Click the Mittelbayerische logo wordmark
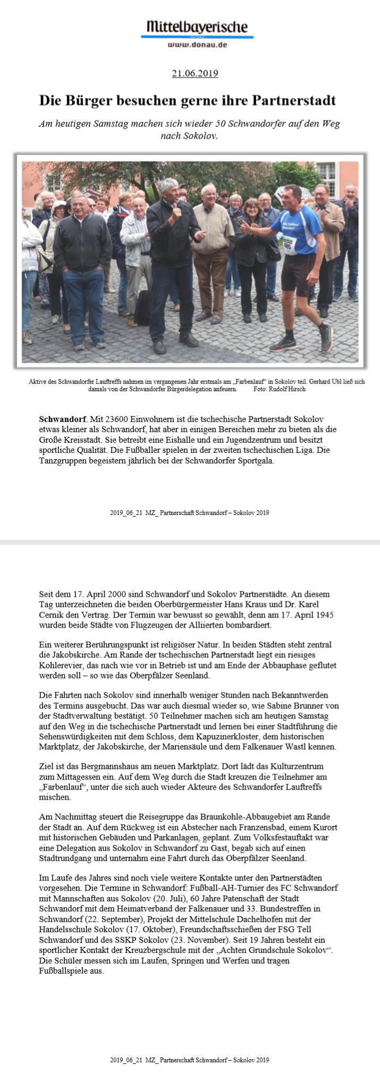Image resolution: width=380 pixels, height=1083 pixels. (197, 27)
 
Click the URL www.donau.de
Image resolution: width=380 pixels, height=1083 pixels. (197, 45)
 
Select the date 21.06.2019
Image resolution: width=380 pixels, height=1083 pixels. (195, 74)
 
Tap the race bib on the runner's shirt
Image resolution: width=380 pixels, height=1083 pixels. (289, 246)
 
